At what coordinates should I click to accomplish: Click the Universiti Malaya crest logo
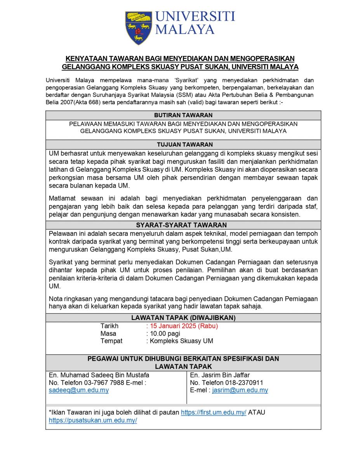tap(139, 27)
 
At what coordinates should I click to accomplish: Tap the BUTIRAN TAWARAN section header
tap(183, 115)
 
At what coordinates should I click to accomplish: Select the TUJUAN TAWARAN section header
tap(183, 144)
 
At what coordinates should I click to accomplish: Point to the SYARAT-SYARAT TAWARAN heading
tap(183, 225)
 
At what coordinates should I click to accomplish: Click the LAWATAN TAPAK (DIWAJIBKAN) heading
tap(183, 317)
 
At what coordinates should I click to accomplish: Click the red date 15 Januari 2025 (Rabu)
tap(183, 326)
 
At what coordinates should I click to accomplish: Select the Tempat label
tap(111, 341)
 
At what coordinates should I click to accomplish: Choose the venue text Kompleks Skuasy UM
tap(181, 341)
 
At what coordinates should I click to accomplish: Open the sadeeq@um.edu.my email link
tap(79, 390)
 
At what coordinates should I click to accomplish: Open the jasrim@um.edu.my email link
tap(240, 390)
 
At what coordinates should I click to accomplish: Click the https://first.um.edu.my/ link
tap(214, 412)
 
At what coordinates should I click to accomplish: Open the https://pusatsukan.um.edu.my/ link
tap(93, 420)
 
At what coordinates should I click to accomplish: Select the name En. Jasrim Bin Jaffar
tap(220, 375)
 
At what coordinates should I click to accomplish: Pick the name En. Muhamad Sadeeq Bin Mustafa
tap(99, 375)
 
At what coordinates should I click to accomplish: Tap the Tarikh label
tap(110, 326)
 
